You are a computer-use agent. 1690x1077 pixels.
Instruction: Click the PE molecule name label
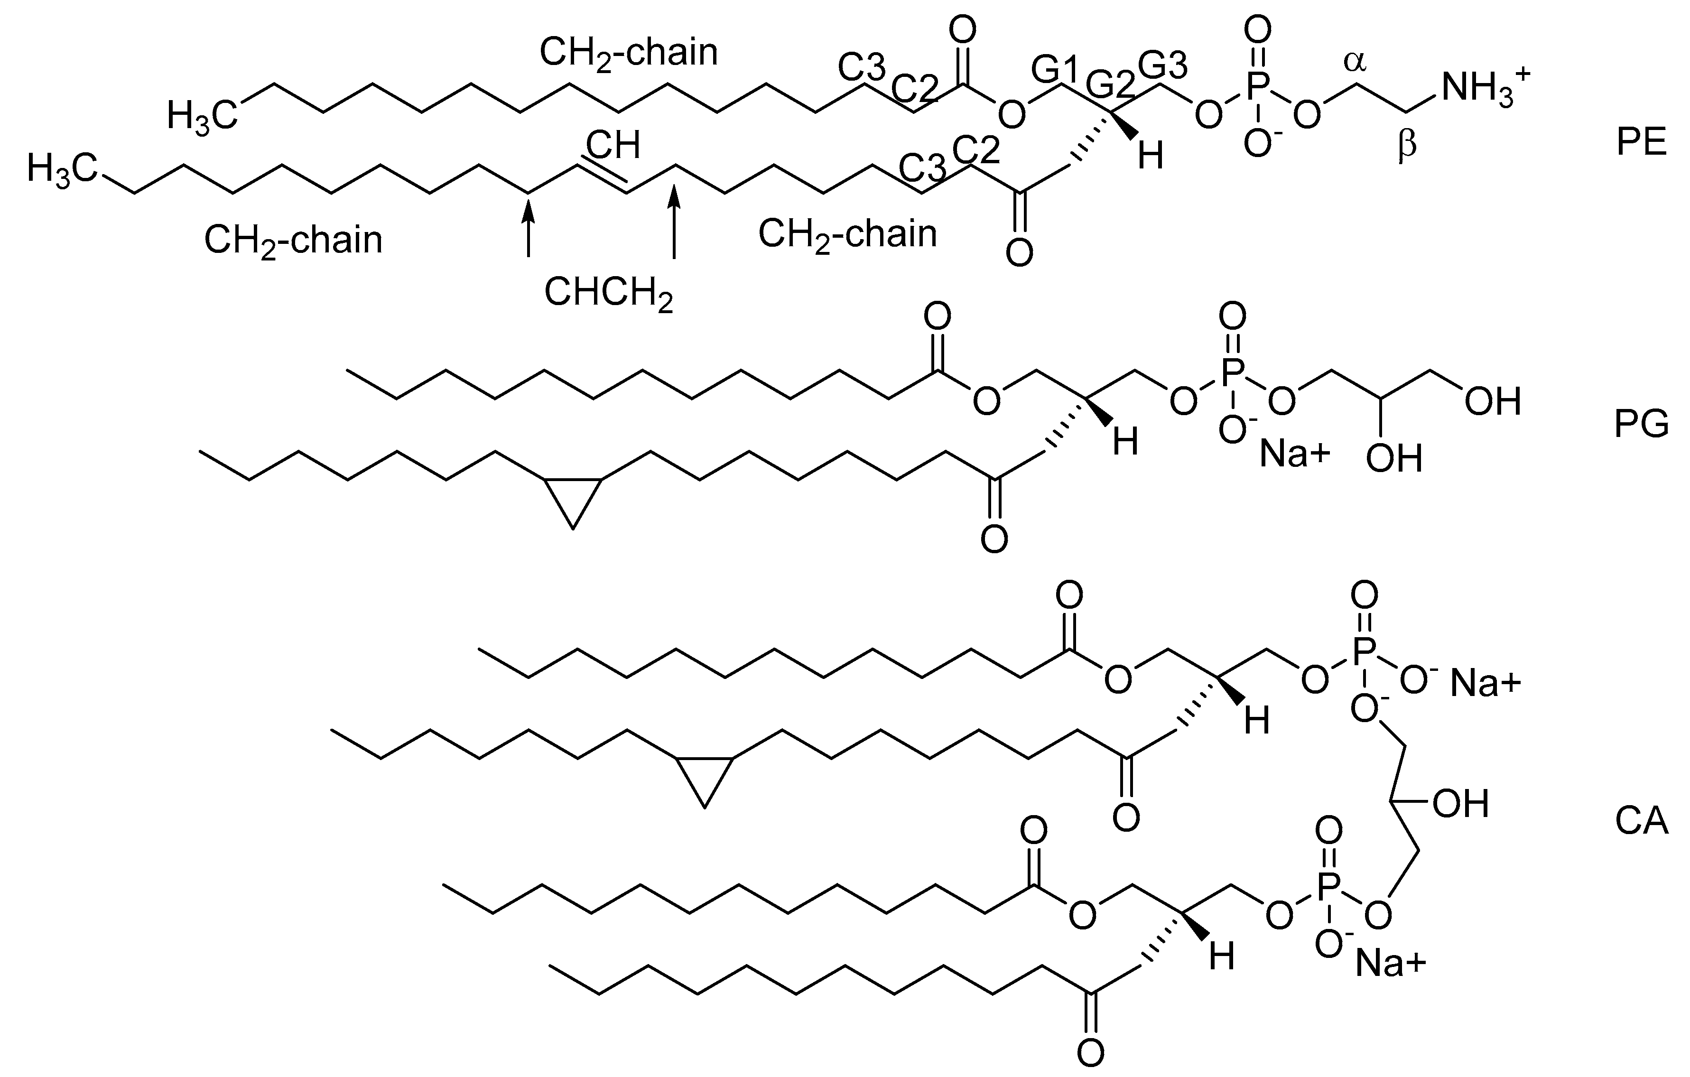point(1641,143)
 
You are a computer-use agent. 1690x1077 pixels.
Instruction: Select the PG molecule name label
point(1641,425)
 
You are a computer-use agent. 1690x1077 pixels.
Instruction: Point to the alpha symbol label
point(1355,63)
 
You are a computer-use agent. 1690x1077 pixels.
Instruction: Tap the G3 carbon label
point(1163,66)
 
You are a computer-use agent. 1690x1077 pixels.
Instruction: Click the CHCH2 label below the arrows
point(608,293)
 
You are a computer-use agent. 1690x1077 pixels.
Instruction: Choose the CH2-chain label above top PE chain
point(629,53)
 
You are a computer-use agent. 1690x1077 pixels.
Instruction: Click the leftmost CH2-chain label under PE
point(293,241)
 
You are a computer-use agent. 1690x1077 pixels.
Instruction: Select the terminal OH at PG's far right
point(1493,402)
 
